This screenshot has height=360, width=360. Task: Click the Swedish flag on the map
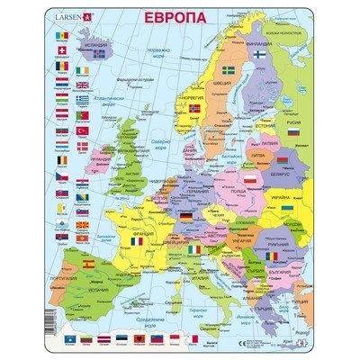tap(227, 69)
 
